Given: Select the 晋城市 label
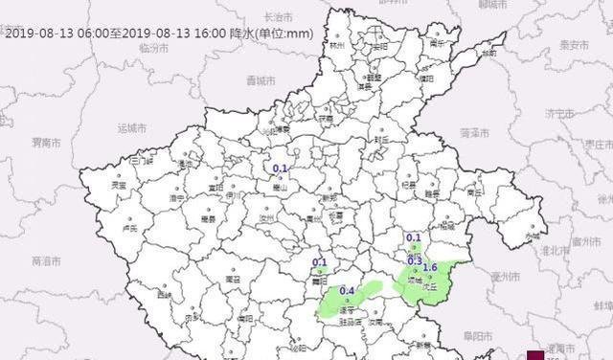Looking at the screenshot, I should [x=260, y=79].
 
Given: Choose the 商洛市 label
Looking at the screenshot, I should [x=45, y=260].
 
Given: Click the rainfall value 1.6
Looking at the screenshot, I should [x=430, y=267].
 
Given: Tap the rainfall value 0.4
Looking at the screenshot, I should [x=348, y=291].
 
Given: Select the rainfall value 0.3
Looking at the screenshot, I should [x=415, y=260].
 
